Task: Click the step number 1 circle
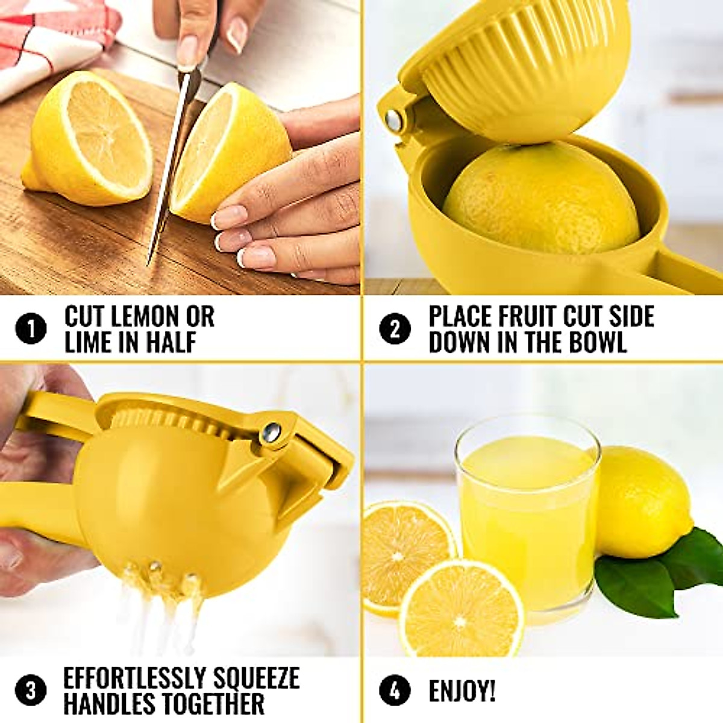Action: tap(31, 330)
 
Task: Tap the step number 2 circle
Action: tap(395, 330)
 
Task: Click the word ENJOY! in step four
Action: tap(462, 691)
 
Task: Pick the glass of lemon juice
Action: tap(527, 518)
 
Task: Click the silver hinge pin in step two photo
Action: tap(395, 120)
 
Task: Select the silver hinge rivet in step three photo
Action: tap(271, 431)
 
